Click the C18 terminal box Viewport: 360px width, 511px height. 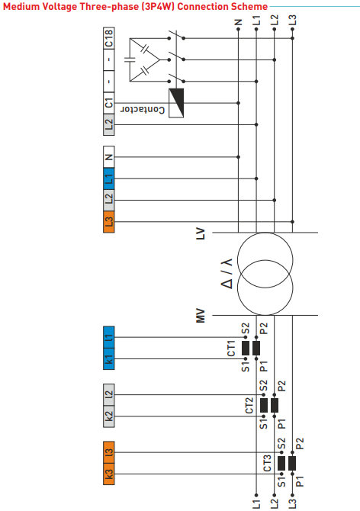coord(109,37)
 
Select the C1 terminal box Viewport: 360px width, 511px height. coord(109,101)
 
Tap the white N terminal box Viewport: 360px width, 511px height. coord(109,158)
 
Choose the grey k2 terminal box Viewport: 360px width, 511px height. coord(109,416)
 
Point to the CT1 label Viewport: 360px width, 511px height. coord(230,349)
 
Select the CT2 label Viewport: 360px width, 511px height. coord(249,405)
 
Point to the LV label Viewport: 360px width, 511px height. coord(201,232)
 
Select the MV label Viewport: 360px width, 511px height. coord(201,314)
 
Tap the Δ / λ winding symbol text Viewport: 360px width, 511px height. coord(227,272)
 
